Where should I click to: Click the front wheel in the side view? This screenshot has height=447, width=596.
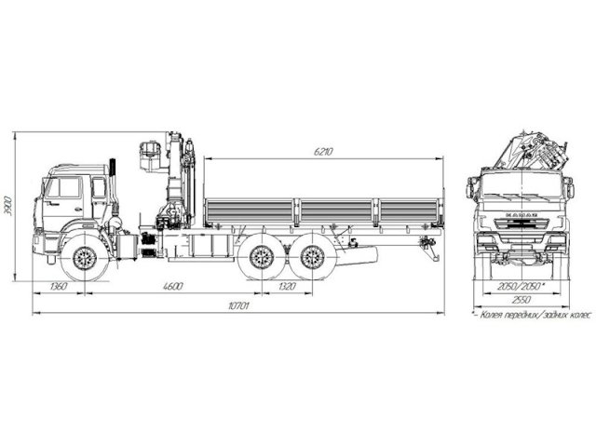(85, 258)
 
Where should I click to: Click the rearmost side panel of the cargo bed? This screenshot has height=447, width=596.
(410, 211)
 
